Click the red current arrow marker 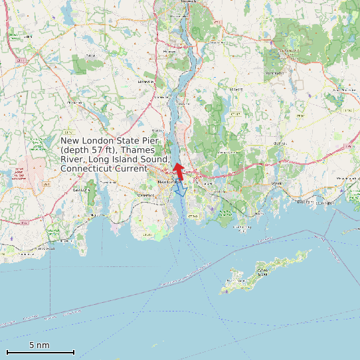(x=177, y=169)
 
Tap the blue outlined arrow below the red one (x=180, y=191)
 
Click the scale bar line (x=40, y=351)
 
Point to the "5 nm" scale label (x=39, y=345)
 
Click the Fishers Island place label (x=262, y=272)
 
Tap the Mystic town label (x=277, y=183)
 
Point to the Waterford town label (x=145, y=195)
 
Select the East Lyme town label (x=81, y=189)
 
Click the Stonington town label (x=305, y=202)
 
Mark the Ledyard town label (x=236, y=88)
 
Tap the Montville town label (x=145, y=82)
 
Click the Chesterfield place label (x=75, y=102)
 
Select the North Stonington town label (x=345, y=89)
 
